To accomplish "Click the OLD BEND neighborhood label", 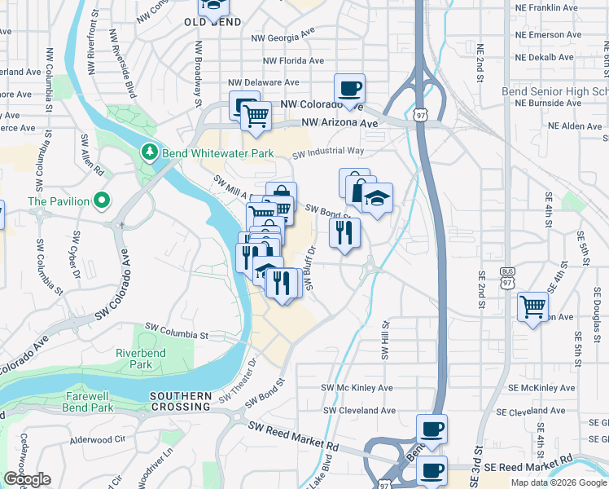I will pos(214,22).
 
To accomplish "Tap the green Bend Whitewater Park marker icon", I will pos(149,152).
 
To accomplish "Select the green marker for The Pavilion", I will pos(101,200).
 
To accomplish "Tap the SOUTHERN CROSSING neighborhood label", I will pos(180,401).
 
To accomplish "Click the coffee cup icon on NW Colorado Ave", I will pos(349,88).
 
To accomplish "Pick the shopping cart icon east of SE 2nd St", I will pos(533,306).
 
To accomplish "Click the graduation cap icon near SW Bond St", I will pos(377,198).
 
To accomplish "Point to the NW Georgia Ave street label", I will pos(283,37).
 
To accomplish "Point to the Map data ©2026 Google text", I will pos(559,482).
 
